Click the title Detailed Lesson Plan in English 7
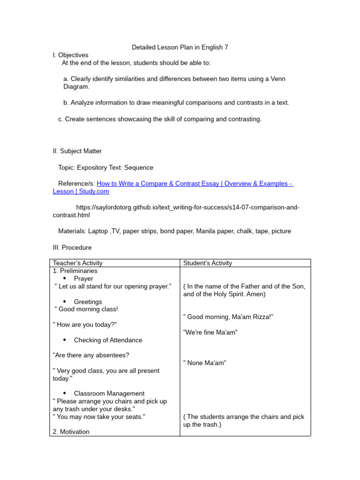180,47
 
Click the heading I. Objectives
70,55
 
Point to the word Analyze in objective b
82,103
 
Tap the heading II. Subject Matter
77,151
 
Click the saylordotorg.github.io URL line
187,207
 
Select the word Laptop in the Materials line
98,231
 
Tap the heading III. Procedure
72,247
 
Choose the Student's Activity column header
208,263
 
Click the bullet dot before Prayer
64,278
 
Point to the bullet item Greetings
88,302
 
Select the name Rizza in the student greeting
261,317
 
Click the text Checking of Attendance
108,340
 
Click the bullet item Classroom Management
109,393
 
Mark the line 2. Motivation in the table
71,432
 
